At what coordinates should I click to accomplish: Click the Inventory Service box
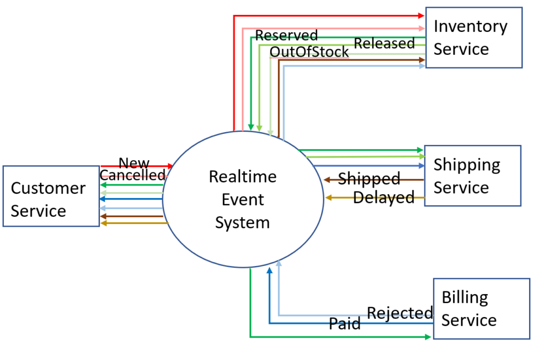(473, 37)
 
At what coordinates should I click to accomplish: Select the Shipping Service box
(472, 176)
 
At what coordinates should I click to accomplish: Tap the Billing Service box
(481, 308)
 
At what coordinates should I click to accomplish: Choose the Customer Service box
(50, 200)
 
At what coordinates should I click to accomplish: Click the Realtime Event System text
(242, 200)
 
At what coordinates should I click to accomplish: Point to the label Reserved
(286, 36)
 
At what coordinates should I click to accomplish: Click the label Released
(384, 43)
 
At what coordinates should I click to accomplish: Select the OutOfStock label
(309, 52)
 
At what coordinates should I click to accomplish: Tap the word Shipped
(369, 179)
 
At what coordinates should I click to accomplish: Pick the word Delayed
(383, 198)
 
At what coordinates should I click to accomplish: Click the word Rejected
(400, 313)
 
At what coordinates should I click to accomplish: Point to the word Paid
(344, 324)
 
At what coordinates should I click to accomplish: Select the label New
(134, 163)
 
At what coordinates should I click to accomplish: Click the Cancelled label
(133, 175)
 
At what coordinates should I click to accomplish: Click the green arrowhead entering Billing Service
(428, 336)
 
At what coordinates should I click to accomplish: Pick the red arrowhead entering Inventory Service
(422, 15)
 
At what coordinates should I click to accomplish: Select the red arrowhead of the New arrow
(169, 166)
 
